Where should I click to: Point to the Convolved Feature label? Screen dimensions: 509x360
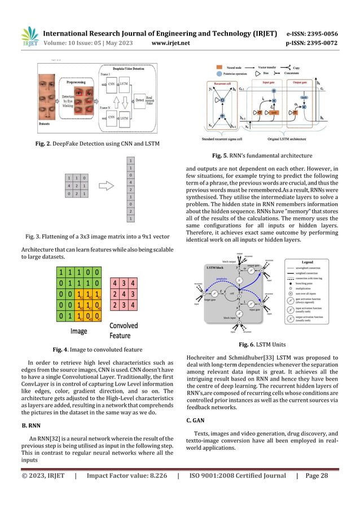pyautogui.click(x=123, y=331)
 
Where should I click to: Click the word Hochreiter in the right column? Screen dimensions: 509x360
pyautogui.click(x=201, y=357)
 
